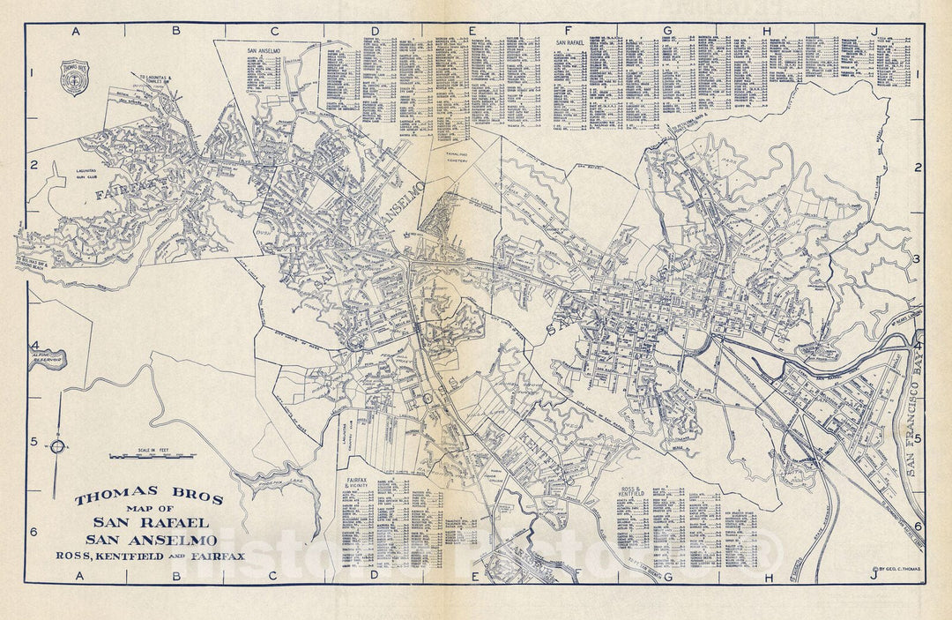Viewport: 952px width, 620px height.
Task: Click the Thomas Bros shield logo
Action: [73, 77]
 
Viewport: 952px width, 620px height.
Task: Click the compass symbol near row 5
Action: [56, 446]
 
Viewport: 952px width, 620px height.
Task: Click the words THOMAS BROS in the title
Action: [148, 498]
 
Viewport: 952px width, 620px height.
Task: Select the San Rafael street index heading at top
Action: [573, 41]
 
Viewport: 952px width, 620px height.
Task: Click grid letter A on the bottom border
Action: [76, 577]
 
